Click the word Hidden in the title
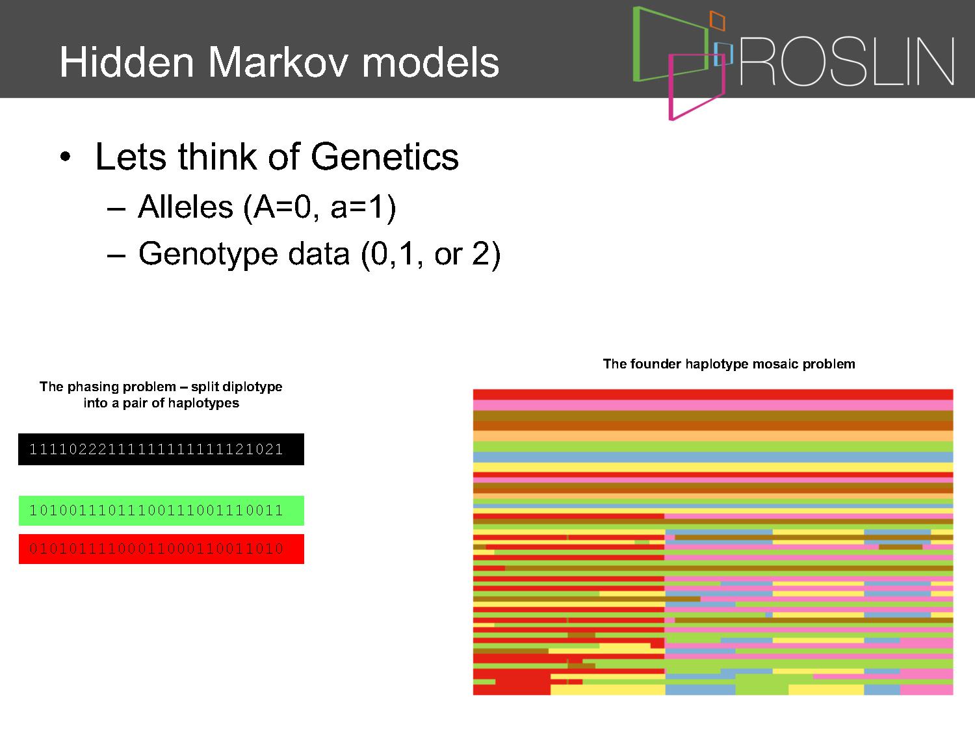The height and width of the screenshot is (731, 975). pos(127,62)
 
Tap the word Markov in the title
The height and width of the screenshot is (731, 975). pos(278,62)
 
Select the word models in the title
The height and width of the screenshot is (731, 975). pos(430,62)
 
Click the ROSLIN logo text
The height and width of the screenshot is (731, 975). pos(846,62)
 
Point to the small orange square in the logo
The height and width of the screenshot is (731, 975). pos(717,20)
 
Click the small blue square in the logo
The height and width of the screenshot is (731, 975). pos(723,54)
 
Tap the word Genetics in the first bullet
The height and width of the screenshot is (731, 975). pos(384,157)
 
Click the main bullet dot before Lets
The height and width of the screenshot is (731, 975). pos(65,157)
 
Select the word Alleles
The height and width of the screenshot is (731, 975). pos(185,207)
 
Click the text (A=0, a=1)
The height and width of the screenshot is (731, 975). pos(319,208)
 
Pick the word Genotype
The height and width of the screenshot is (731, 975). pos(209,255)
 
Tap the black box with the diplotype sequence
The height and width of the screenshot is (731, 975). pos(161,449)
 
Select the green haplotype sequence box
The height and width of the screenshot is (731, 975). pos(161,511)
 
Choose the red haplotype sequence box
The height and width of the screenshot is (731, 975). pos(161,548)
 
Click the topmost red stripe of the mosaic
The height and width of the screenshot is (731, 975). pos(713,394)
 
